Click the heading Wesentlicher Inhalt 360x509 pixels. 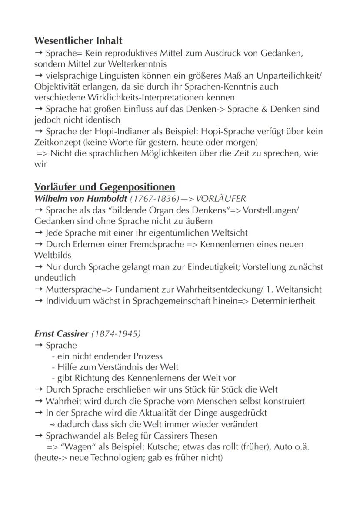point(78,41)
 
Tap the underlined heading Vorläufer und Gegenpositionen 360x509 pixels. point(104,187)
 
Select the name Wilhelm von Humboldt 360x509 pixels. point(80,199)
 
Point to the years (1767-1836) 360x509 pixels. point(155,199)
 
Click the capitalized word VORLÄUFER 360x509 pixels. point(221,199)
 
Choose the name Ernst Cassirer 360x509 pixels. point(61,334)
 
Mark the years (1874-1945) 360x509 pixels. point(116,334)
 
